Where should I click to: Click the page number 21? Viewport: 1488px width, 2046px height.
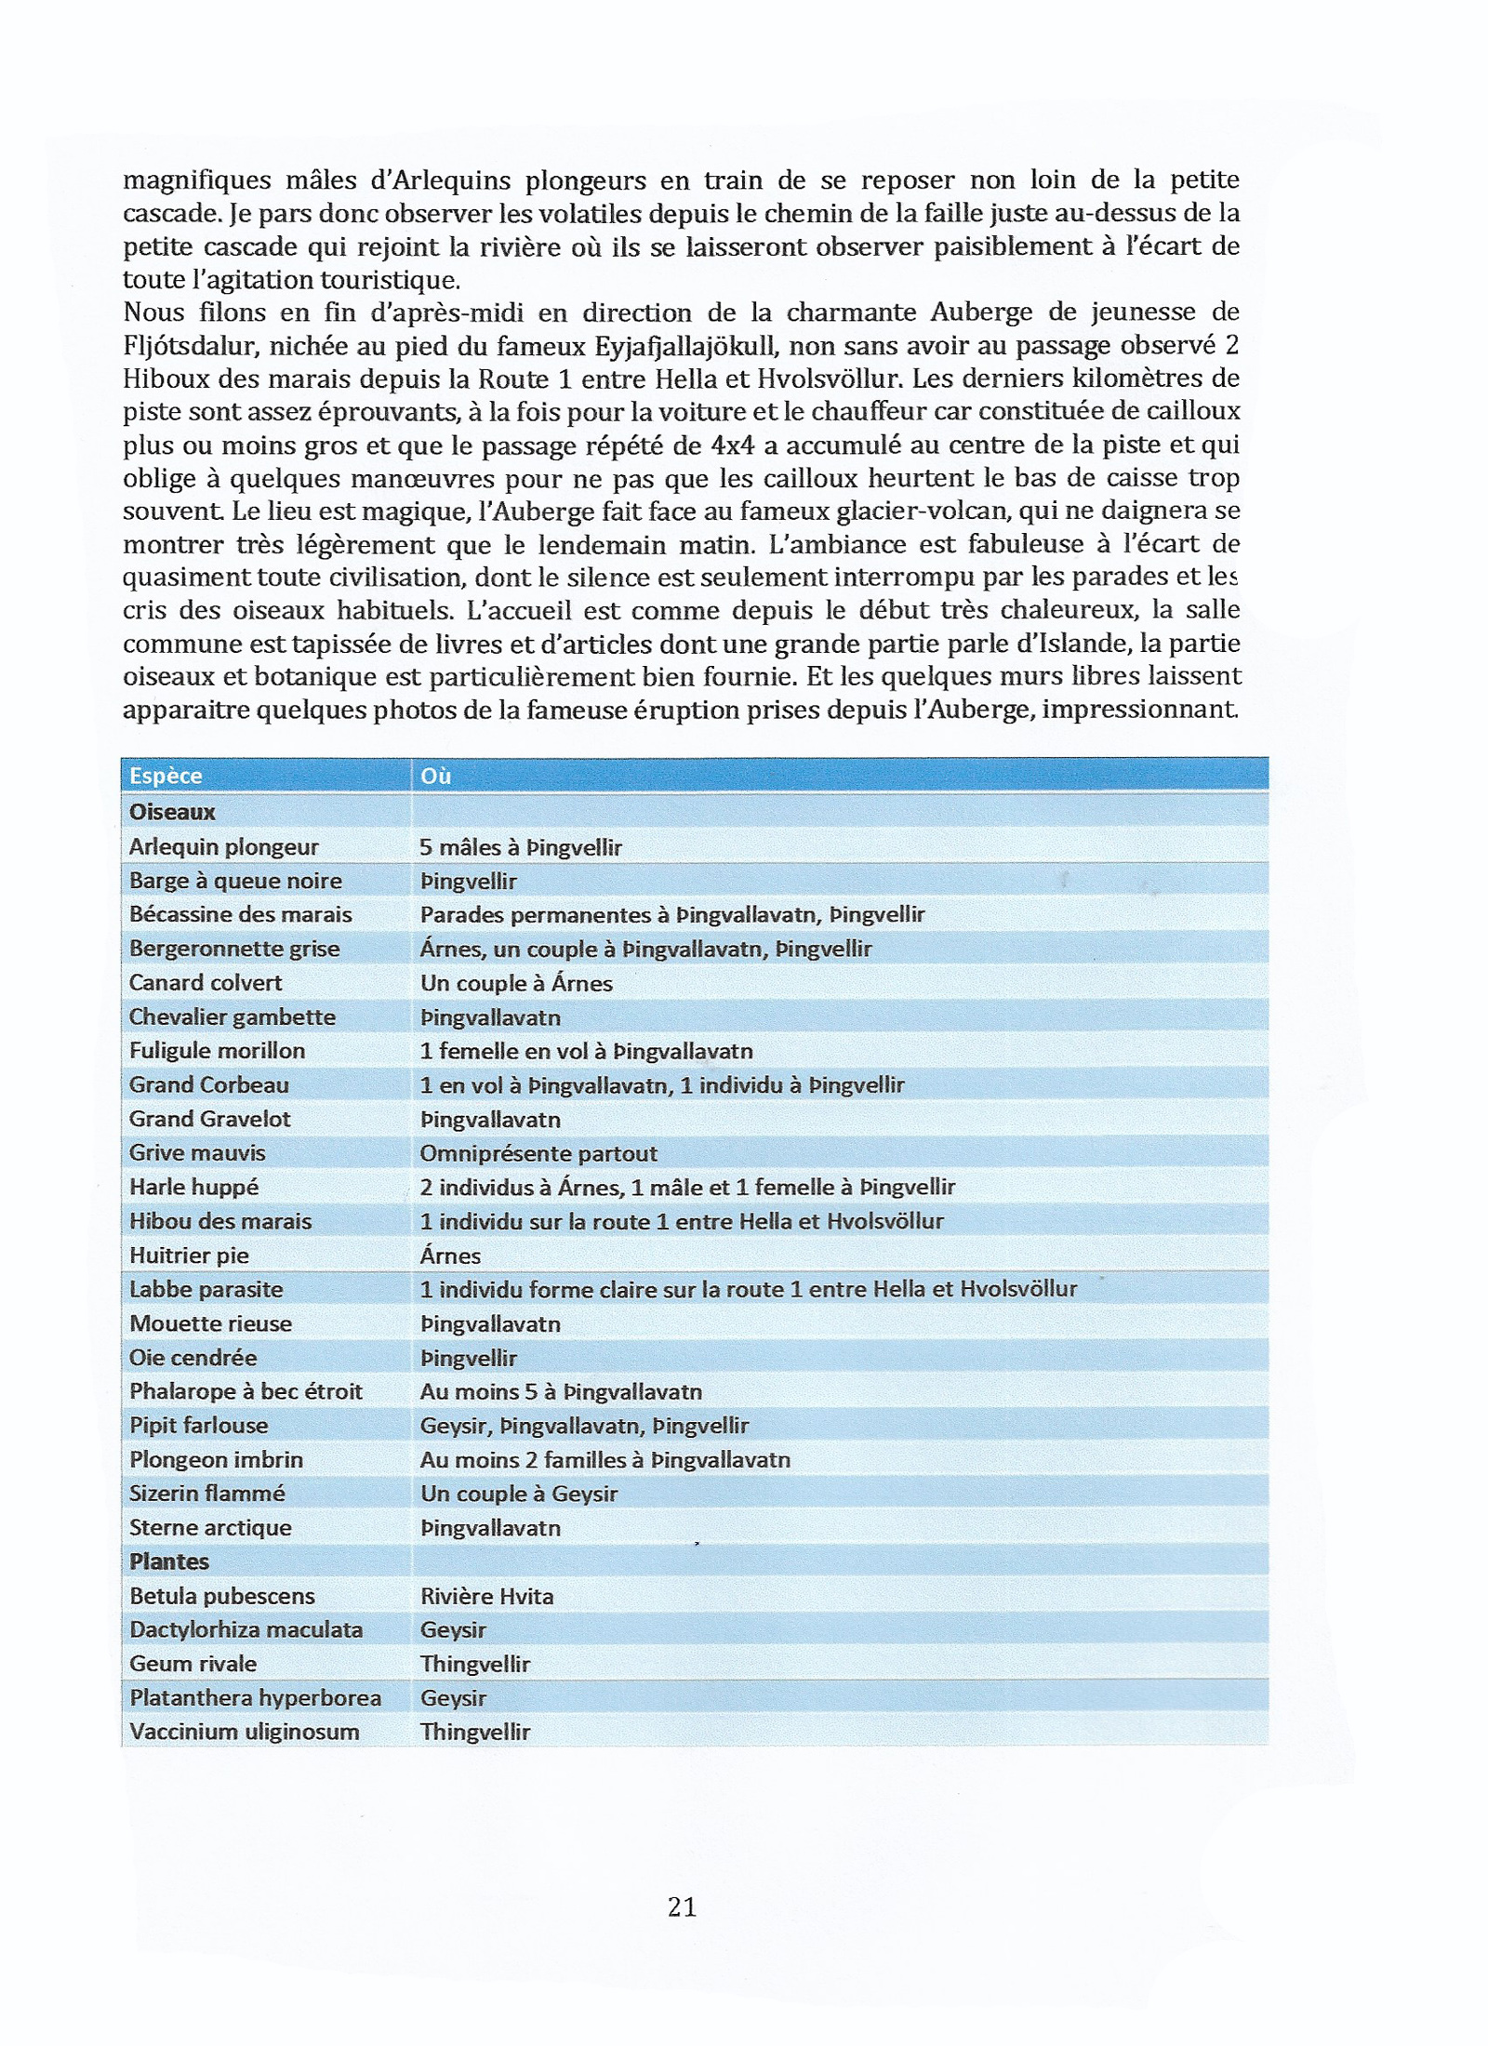point(682,1906)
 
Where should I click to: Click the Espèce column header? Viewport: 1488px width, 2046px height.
point(166,776)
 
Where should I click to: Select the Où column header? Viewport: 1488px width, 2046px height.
point(435,776)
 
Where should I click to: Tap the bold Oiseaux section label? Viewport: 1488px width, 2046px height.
point(172,812)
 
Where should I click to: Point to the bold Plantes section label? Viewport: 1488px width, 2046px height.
point(169,1561)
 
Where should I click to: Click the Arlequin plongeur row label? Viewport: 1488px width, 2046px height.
point(223,846)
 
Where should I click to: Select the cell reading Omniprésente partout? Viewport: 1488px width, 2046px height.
point(538,1153)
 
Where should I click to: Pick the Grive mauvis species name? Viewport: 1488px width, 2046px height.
point(197,1153)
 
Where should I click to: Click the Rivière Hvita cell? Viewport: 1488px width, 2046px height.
point(486,1596)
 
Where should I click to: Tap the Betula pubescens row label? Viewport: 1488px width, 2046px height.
point(222,1596)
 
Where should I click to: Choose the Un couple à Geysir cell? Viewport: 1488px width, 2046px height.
point(519,1494)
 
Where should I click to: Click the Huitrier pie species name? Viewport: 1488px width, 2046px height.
point(189,1255)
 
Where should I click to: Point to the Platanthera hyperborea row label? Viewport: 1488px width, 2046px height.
point(256,1697)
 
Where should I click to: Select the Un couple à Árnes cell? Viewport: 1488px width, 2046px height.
point(516,983)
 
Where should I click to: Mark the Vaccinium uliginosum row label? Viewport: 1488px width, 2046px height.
point(245,1732)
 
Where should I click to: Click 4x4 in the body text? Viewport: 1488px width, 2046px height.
point(732,445)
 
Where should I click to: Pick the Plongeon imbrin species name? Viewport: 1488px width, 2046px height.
point(217,1459)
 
